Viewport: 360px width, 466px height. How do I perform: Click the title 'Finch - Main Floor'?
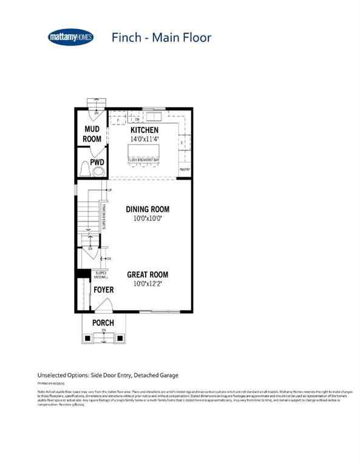click(161, 38)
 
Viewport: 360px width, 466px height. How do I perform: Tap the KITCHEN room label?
click(144, 130)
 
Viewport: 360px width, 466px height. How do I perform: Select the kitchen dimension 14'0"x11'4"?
click(144, 139)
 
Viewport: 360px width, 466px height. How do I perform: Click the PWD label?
click(98, 163)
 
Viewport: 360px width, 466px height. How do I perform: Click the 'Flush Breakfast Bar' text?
click(144, 160)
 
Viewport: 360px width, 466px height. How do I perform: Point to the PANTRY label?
click(185, 170)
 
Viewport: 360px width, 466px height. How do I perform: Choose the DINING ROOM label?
click(148, 209)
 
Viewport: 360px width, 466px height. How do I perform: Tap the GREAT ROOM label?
click(148, 275)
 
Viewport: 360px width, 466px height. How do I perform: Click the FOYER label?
click(103, 291)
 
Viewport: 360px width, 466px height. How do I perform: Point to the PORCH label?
click(103, 323)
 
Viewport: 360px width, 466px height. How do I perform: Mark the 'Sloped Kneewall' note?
click(101, 276)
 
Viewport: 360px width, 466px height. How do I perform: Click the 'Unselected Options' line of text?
click(108, 376)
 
